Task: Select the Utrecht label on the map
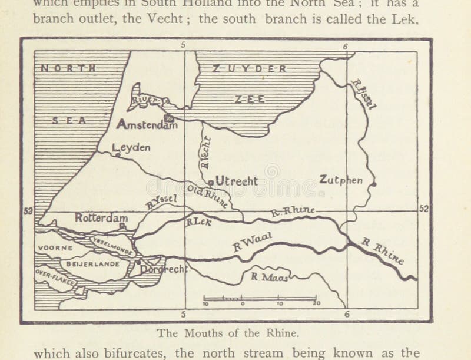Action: (x=236, y=181)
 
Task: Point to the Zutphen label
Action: (x=341, y=180)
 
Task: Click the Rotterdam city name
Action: (x=101, y=217)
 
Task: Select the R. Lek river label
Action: (x=198, y=223)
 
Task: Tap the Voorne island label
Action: (x=55, y=248)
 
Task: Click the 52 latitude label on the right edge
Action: (x=424, y=209)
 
